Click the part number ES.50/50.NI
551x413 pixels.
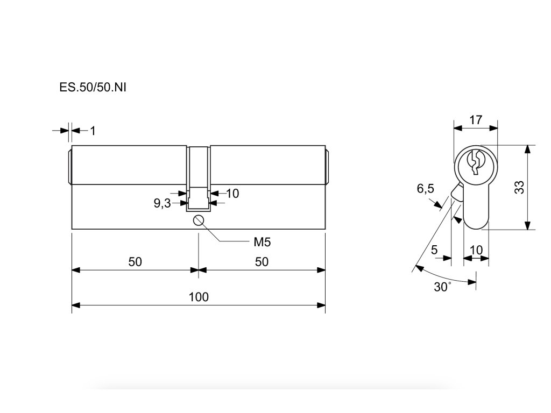pyautogui.click(x=93, y=87)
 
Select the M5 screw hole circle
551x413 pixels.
pyautogui.click(x=199, y=220)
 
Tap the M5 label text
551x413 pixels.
pyautogui.click(x=262, y=241)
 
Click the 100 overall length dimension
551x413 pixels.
pyautogui.click(x=199, y=297)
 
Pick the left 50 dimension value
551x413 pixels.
pyautogui.click(x=135, y=261)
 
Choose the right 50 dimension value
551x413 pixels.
pyautogui.click(x=262, y=261)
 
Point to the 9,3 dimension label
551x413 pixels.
pyautogui.click(x=162, y=203)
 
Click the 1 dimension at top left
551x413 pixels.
pyautogui.click(x=93, y=130)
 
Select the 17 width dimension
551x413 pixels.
pyautogui.click(x=476, y=119)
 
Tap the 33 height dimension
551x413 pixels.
pyautogui.click(x=519, y=187)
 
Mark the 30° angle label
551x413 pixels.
pyautogui.click(x=442, y=287)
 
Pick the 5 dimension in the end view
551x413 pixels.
pyautogui.click(x=434, y=250)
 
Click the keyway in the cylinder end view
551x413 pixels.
pyautogui.click(x=475, y=162)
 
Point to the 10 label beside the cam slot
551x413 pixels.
pyautogui.click(x=232, y=193)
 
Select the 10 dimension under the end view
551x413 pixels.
pyautogui.click(x=476, y=250)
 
